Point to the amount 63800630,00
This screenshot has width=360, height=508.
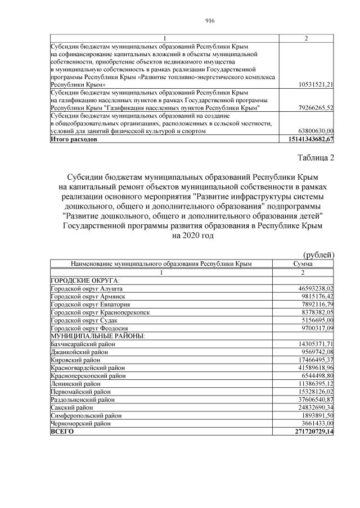pyautogui.click(x=317, y=130)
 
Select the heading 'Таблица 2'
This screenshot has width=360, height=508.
pyautogui.click(x=315, y=158)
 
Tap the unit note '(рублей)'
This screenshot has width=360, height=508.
pyautogui.click(x=319, y=255)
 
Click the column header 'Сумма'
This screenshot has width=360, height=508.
pyautogui.click(x=303, y=263)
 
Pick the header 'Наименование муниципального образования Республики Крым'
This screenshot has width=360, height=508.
pyautogui.click(x=161, y=263)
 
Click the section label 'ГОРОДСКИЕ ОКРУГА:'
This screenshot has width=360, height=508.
pyautogui.click(x=85, y=279)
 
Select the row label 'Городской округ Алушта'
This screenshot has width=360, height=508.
pyautogui.click(x=83, y=287)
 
